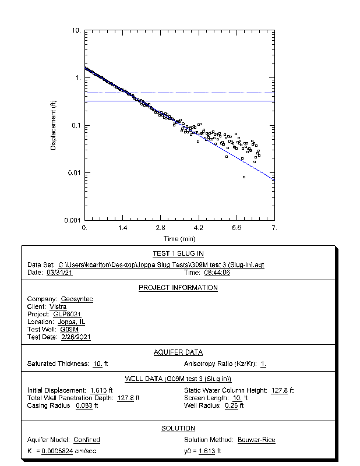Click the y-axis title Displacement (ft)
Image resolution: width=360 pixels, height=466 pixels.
pyautogui.click(x=53, y=125)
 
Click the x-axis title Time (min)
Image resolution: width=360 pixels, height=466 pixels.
pyautogui.click(x=179, y=238)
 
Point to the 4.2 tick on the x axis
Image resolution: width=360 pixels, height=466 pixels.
pyautogui.click(x=198, y=228)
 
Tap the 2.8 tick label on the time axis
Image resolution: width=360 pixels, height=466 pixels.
pyautogui.click(x=161, y=228)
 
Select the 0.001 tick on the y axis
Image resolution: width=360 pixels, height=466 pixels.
pyautogui.click(x=73, y=220)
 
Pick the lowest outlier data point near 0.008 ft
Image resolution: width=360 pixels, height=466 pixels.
pyautogui.click(x=243, y=177)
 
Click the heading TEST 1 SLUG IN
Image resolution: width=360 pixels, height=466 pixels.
pyautogui.click(x=178, y=254)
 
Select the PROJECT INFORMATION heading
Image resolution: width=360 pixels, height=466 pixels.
pyautogui.click(x=178, y=288)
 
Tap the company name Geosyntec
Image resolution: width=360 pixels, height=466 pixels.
pyautogui.click(x=77, y=299)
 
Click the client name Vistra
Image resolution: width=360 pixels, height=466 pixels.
pyautogui.click(x=58, y=306)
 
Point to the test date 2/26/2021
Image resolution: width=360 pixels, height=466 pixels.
pyautogui.click(x=76, y=337)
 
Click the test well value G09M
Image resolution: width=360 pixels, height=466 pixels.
pyautogui.click(x=69, y=329)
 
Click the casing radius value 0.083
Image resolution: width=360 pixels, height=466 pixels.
pyautogui.click(x=84, y=405)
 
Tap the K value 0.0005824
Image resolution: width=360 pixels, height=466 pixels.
pyautogui.click(x=57, y=451)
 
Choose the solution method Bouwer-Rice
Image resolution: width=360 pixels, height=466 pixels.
pyautogui.click(x=256, y=440)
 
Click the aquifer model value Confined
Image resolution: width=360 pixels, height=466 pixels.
pyautogui.click(x=87, y=440)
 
